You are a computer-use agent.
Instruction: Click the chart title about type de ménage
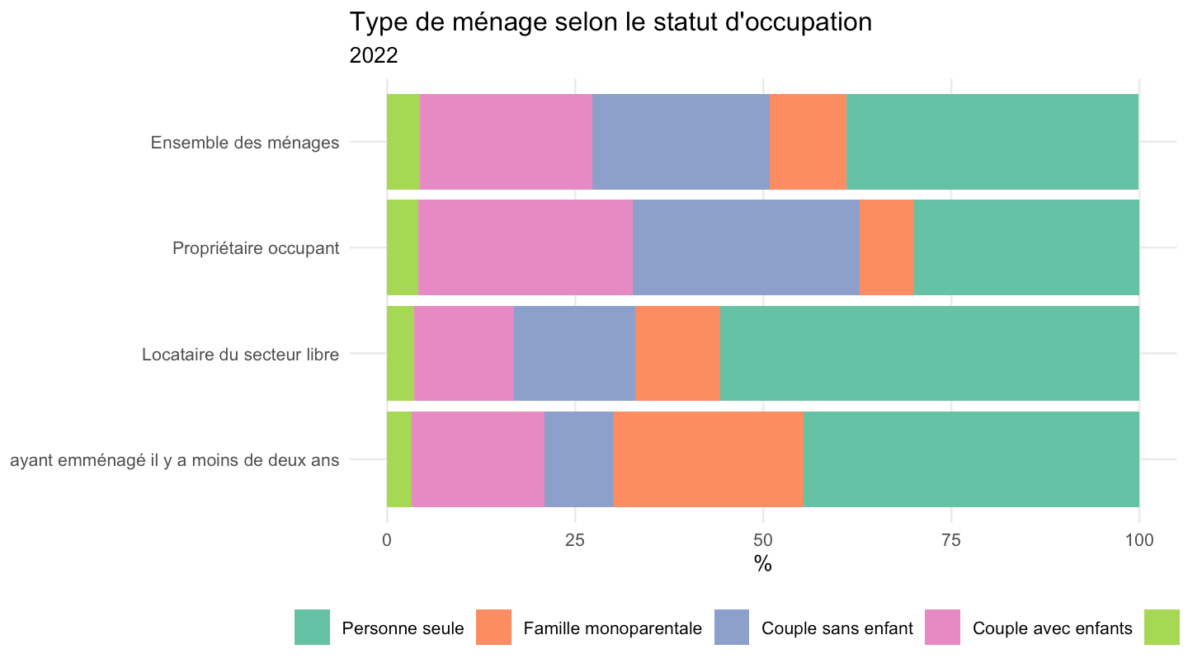pyautogui.click(x=610, y=23)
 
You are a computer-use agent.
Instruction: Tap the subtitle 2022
pyautogui.click(x=374, y=56)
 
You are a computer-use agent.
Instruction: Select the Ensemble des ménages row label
pyautogui.click(x=244, y=143)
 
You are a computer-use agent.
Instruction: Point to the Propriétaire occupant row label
pyautogui.click(x=256, y=248)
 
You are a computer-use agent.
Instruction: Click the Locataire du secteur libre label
pyautogui.click(x=240, y=354)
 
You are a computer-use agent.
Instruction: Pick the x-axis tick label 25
pyautogui.click(x=575, y=540)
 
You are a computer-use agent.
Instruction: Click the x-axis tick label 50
pyautogui.click(x=763, y=540)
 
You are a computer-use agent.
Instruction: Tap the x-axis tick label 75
pyautogui.click(x=951, y=540)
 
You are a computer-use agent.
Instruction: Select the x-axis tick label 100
pyautogui.click(x=1139, y=540)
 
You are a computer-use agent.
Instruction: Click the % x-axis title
pyautogui.click(x=762, y=564)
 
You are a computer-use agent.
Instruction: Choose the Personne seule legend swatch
pyautogui.click(x=313, y=627)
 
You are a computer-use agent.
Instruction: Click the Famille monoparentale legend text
pyautogui.click(x=612, y=628)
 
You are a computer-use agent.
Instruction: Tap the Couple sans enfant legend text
pyautogui.click(x=837, y=628)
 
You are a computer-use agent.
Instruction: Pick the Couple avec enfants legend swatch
pyautogui.click(x=942, y=627)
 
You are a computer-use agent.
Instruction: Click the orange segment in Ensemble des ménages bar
pyautogui.click(x=808, y=142)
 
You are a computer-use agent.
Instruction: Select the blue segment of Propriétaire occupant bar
pyautogui.click(x=746, y=247)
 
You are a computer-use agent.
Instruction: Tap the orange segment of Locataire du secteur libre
pyautogui.click(x=677, y=354)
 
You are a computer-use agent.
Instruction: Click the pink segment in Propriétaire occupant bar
pyautogui.click(x=526, y=247)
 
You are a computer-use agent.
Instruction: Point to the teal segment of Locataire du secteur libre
pyautogui.click(x=930, y=354)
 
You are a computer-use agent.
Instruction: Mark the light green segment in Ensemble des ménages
pyautogui.click(x=403, y=142)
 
